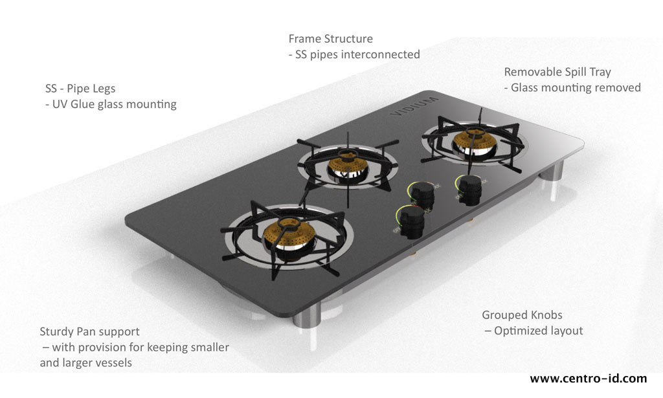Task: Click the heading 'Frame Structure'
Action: tap(330, 39)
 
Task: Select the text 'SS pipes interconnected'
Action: tap(357, 54)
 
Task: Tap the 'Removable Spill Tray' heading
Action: tap(557, 72)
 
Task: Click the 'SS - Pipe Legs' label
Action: tap(80, 88)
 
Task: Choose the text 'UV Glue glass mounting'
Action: tap(114, 104)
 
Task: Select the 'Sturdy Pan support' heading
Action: tap(89, 331)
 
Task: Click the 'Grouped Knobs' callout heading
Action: tap(522, 315)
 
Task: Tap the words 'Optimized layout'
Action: tap(538, 331)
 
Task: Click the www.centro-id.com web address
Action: tap(588, 379)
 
